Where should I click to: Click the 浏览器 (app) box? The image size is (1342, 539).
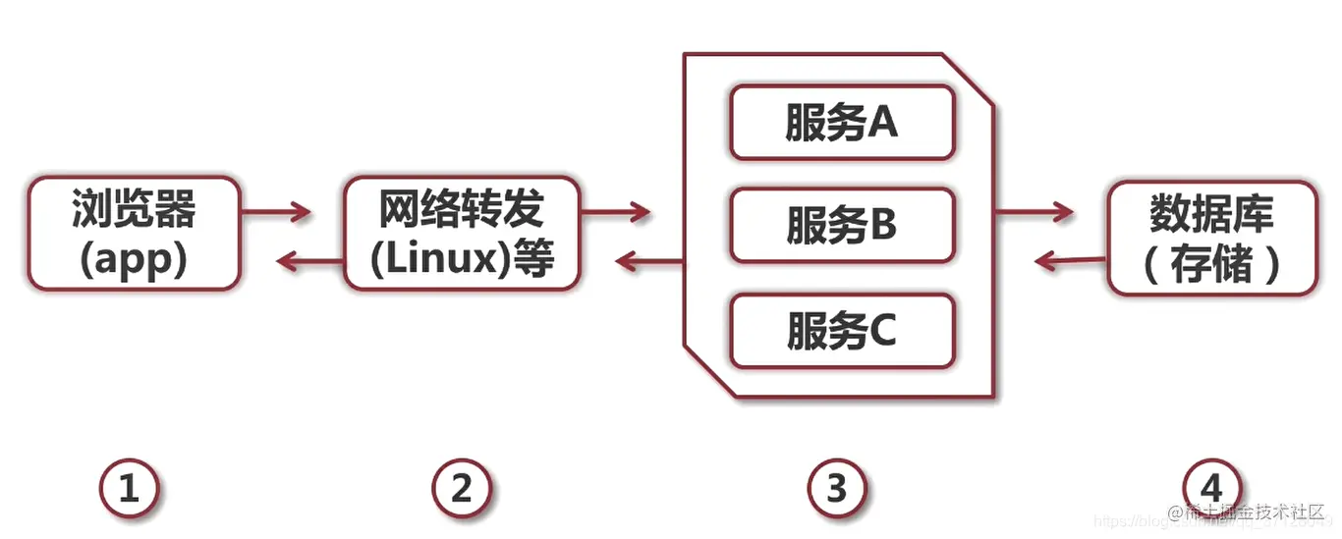[x=134, y=234]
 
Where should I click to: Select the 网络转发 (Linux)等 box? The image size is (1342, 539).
[x=462, y=234]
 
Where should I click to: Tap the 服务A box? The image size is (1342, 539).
[x=841, y=123]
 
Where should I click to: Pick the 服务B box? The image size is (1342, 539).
[x=841, y=226]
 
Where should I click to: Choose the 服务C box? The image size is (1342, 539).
[x=841, y=331]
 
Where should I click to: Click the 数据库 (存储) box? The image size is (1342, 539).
[x=1211, y=239]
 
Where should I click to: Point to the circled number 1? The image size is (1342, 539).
[x=129, y=488]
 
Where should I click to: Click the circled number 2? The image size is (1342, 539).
[x=462, y=488]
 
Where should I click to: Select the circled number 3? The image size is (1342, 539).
[x=837, y=488]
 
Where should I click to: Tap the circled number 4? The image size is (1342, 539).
[x=1211, y=488]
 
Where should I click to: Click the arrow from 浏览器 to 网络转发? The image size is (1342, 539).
[x=276, y=210]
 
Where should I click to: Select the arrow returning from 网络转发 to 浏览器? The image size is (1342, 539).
[x=309, y=260]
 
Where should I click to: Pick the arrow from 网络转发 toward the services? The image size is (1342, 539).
[x=615, y=210]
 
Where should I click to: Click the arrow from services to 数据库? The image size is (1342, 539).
[x=1034, y=210]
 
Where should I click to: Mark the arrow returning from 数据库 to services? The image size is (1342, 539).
[x=1071, y=260]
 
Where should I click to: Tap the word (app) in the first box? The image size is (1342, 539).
[x=134, y=260]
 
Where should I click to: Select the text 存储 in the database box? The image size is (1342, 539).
[x=1211, y=265]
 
